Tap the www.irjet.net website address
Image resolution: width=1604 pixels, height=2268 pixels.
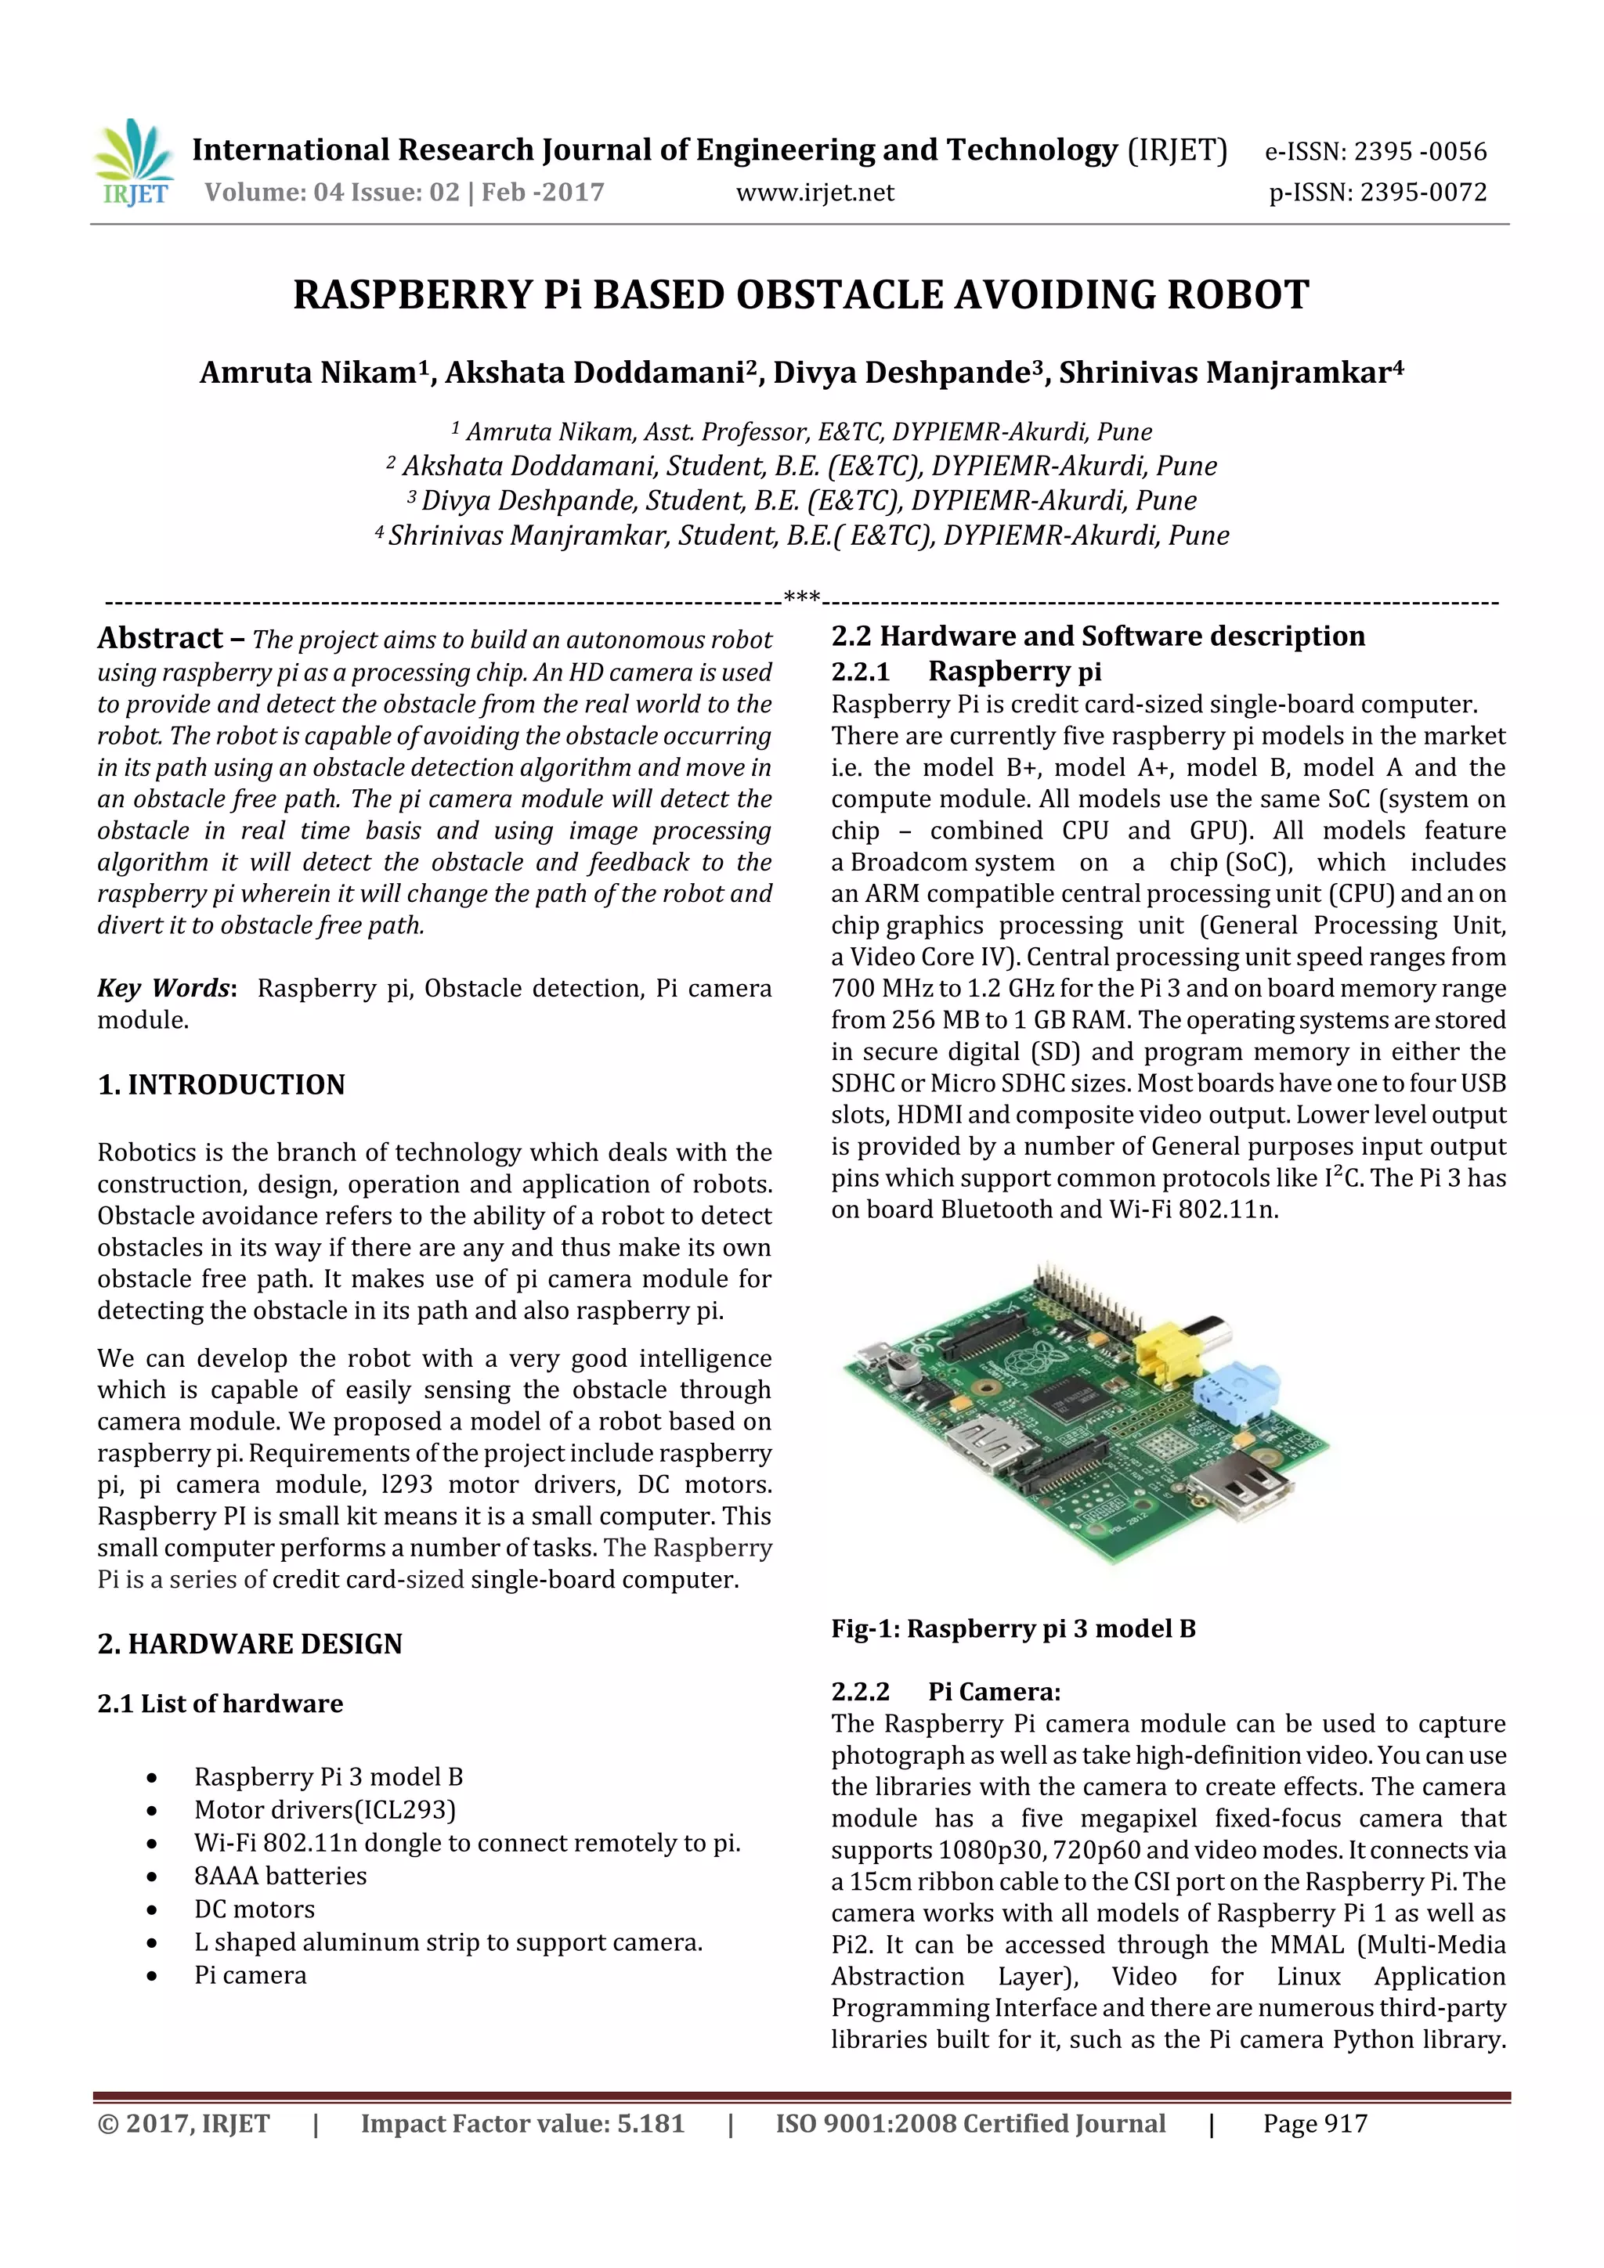click(x=815, y=193)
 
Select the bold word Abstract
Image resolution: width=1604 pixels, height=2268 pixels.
click(x=160, y=638)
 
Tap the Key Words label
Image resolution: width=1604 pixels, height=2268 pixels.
click(x=164, y=989)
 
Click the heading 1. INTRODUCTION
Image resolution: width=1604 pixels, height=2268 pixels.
click(x=222, y=1084)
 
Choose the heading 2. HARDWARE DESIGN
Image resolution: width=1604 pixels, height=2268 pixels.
click(x=250, y=1644)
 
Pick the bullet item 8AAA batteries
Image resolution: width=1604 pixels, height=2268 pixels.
click(x=280, y=1876)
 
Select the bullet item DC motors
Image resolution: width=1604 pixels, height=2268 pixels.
click(x=254, y=1909)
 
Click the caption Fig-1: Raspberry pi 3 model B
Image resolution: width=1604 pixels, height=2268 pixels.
click(x=1013, y=1629)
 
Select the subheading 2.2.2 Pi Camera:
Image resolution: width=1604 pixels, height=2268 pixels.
click(x=946, y=1692)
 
